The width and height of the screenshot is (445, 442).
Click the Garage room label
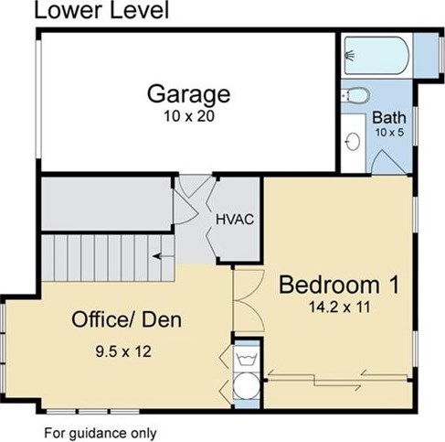pos(188,94)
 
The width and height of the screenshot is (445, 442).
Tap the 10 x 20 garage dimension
pos(189,116)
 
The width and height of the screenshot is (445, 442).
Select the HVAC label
pos(235,220)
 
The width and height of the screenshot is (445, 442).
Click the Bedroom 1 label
pos(339,285)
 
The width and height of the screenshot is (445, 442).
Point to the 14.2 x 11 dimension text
pos(339,307)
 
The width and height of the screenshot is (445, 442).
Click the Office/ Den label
pos(126,319)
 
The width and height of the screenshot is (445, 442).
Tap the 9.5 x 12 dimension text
pos(123,351)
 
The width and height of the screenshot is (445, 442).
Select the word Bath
pos(389,117)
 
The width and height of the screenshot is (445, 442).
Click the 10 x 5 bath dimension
pos(389,133)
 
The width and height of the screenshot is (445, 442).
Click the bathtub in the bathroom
pos(376,55)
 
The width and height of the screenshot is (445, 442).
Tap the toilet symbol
pos(355,95)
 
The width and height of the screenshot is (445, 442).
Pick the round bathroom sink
pos(353,142)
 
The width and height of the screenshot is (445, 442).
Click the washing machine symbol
pos(247,358)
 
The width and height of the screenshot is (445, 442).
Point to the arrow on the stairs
pos(163,256)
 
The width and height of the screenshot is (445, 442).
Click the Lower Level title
pos(101,10)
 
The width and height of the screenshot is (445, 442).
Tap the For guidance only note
pos(101,433)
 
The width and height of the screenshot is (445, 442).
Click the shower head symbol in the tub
pos(350,55)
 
